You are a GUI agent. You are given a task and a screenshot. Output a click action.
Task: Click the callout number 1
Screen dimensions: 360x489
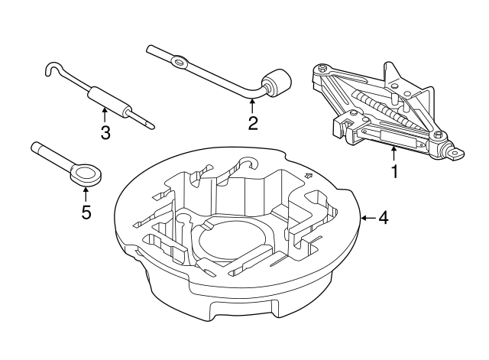(x=395, y=172)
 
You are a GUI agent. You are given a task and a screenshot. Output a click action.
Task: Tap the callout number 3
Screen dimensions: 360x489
(x=105, y=133)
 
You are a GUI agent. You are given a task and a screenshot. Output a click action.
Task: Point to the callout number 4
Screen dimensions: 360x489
(x=384, y=218)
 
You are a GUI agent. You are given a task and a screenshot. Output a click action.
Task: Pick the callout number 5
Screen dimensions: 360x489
(x=86, y=212)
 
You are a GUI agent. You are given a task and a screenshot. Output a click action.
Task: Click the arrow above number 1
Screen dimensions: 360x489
(x=394, y=153)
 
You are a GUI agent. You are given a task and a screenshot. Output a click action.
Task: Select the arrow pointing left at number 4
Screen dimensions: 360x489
(x=367, y=218)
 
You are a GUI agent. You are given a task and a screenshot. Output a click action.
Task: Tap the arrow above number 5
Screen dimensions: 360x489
(x=86, y=193)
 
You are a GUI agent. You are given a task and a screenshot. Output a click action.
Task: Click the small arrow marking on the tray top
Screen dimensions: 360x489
(x=309, y=177)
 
